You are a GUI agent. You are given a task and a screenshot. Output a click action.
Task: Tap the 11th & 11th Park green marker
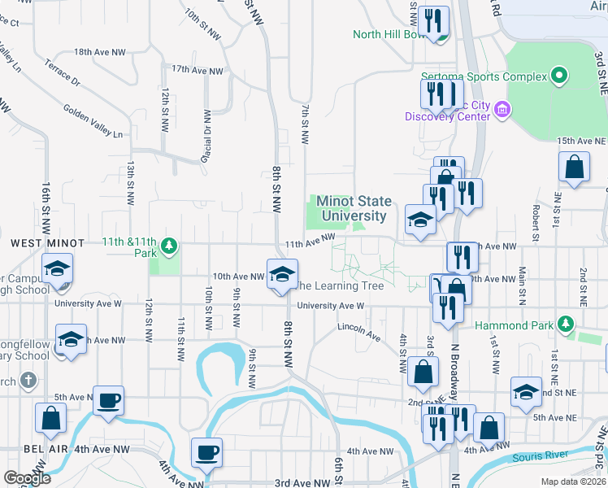(169, 244)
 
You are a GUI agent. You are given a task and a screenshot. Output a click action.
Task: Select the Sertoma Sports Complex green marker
(558, 77)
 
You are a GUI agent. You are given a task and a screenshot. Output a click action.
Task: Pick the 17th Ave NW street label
(197, 71)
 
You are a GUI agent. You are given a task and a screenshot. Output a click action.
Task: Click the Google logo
(27, 478)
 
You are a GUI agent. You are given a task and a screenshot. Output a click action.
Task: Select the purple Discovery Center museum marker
(502, 109)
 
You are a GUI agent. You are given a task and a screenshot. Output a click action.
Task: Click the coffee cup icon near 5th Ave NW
(108, 400)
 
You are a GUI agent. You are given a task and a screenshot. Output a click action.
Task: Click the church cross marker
(28, 380)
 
